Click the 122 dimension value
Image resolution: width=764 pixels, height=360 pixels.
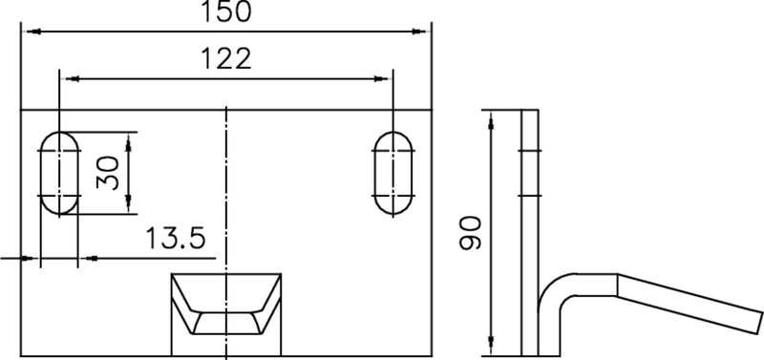click(x=225, y=59)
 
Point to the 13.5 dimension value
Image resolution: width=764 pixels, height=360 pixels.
click(x=176, y=238)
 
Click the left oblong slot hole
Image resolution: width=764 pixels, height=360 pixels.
click(x=59, y=173)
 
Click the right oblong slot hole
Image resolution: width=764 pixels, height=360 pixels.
click(x=393, y=173)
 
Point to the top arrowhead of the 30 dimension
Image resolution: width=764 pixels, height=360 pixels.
click(x=130, y=138)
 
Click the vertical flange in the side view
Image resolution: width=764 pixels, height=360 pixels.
click(x=530, y=191)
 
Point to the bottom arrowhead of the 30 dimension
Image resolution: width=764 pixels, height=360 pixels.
click(x=130, y=207)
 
